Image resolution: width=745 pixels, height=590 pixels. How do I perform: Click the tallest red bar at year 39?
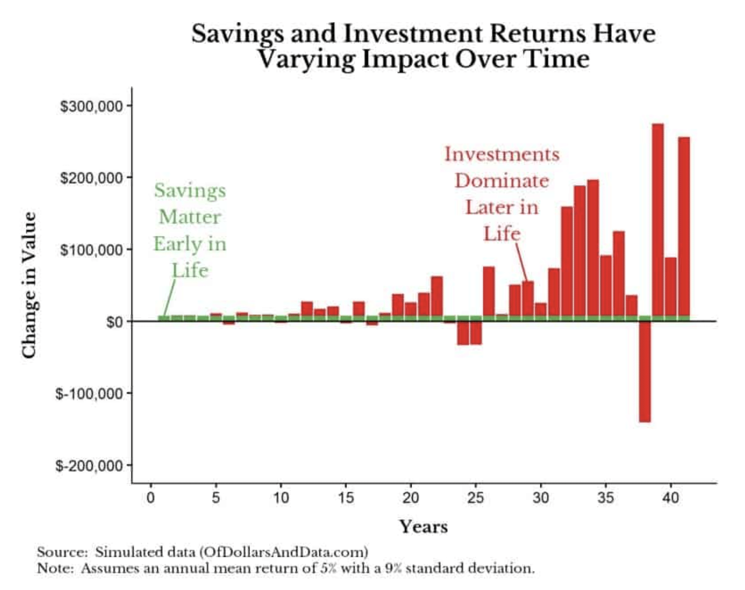click(x=658, y=220)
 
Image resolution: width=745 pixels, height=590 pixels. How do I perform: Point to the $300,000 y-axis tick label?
click(x=91, y=106)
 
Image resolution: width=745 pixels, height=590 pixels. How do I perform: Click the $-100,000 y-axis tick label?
click(x=89, y=394)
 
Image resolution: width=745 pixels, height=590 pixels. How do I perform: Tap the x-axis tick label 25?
click(x=476, y=498)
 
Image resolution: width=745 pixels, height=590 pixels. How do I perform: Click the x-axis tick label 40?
click(x=670, y=498)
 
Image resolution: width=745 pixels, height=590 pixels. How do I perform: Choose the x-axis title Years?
click(x=423, y=527)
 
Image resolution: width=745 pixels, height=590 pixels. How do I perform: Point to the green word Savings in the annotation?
click(x=190, y=190)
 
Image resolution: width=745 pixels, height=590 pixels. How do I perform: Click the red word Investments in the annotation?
click(x=502, y=154)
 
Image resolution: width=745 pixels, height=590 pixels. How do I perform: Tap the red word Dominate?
click(x=502, y=181)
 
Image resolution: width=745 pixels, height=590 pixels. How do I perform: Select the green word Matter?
click(x=190, y=217)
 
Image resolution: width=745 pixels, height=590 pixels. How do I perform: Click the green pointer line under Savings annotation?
click(x=169, y=298)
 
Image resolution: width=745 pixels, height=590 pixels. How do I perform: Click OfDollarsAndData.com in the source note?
click(x=284, y=552)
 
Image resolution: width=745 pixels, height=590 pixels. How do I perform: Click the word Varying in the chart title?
click(x=306, y=60)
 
